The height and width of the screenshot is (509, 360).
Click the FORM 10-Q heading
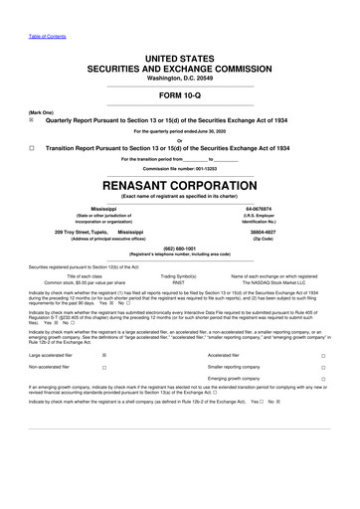179,97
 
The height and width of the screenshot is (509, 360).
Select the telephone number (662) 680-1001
179,249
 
